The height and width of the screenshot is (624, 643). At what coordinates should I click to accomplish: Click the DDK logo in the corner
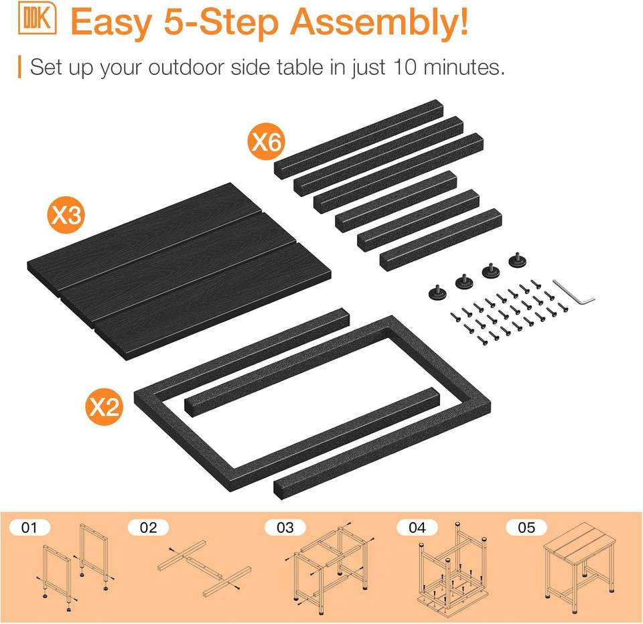37,18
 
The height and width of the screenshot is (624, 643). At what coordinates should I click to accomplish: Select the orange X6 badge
266,142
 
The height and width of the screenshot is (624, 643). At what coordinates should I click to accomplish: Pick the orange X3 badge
66,214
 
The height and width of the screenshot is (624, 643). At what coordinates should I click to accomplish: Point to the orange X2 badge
104,406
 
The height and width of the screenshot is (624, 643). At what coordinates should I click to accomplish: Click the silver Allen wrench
574,293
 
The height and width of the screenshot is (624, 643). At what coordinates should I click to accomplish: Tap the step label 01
29,528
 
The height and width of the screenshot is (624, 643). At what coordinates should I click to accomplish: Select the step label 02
148,528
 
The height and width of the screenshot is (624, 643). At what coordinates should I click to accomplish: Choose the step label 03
285,528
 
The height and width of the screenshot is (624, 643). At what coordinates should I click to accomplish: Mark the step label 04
417,528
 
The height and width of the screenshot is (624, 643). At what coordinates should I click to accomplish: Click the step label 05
526,528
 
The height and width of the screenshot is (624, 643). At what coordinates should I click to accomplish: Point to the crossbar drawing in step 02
204,568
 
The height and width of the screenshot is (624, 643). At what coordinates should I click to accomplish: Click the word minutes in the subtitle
461,67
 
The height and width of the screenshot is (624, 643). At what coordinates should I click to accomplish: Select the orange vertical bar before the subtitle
19,67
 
